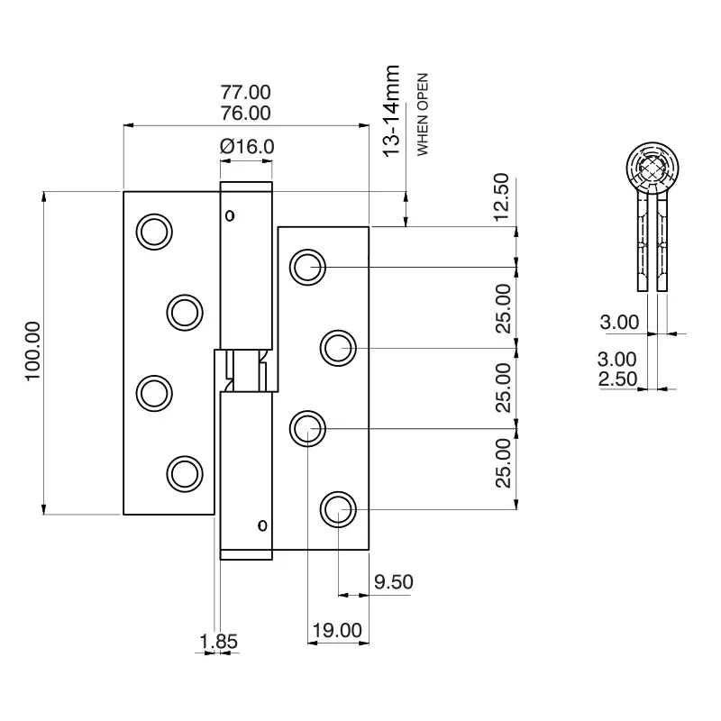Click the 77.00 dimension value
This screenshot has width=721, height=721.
point(245,92)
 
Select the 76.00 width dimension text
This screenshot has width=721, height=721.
point(245,114)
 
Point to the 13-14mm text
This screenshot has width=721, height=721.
point(391,111)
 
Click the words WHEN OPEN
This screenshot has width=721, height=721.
point(422,114)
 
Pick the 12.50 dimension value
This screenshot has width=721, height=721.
point(502,197)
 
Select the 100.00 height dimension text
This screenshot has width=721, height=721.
point(32,351)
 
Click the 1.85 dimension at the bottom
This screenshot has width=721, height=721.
point(218,642)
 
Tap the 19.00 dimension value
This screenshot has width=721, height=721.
point(337,630)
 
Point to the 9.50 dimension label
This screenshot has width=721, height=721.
point(393,582)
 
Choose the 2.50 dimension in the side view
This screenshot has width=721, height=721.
point(618,380)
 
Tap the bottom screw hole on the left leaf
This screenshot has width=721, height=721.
point(184,473)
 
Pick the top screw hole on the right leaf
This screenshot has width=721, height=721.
point(306,267)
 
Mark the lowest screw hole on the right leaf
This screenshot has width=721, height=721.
point(338,509)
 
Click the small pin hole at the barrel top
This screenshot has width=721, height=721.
point(230,214)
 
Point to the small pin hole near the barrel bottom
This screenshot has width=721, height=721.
point(262,525)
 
